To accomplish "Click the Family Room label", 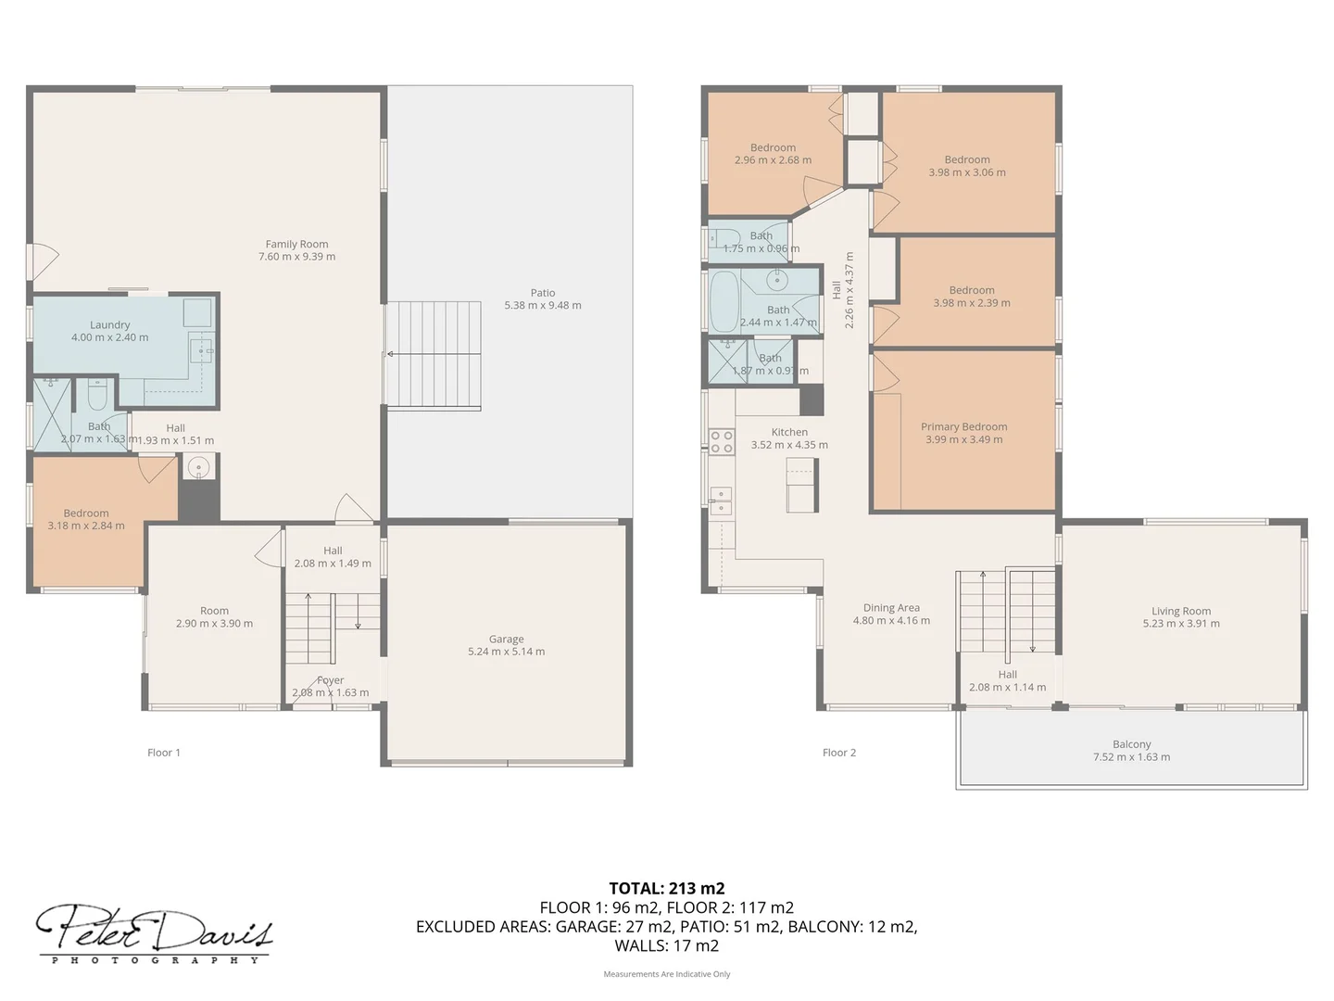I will coord(296,244).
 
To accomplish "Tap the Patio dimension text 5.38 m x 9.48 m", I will coord(543,305).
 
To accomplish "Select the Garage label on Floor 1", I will coord(506,639).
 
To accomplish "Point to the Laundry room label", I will coord(109,324).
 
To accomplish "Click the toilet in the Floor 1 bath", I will coord(97,397).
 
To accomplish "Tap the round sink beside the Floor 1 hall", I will coord(197,467).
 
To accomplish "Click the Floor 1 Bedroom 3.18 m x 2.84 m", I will coord(86,519).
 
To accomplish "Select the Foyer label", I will coord(330,680).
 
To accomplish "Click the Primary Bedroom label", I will coord(963,426).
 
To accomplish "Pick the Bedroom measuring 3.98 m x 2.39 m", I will coord(971,297).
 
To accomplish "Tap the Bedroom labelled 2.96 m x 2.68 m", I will coord(773,154).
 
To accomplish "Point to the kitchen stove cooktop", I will coord(722,441).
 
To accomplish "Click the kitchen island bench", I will coord(801,484).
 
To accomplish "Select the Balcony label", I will coord(1131,744).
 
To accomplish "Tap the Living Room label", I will coord(1181,611).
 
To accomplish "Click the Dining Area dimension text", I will coord(891,621).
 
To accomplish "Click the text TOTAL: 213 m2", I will coord(666,888).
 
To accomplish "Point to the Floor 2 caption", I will coord(839,753).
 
